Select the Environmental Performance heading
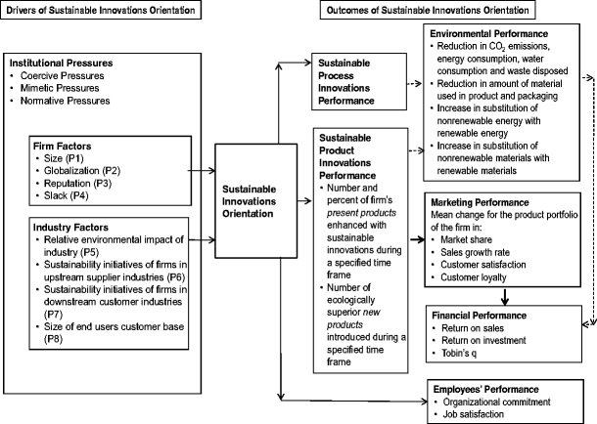click(x=482, y=33)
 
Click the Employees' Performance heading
click(x=481, y=388)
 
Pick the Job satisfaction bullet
click(x=475, y=415)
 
